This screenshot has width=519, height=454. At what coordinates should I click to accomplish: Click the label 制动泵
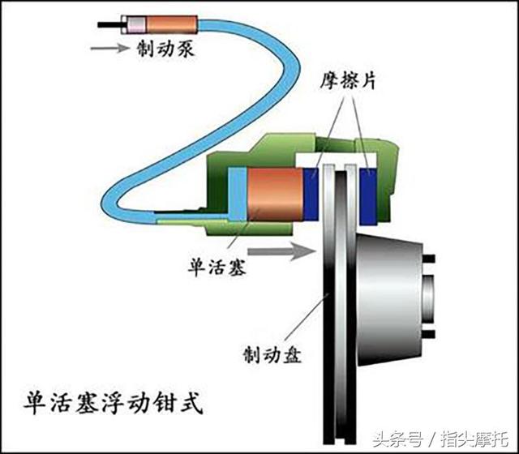pos(160,48)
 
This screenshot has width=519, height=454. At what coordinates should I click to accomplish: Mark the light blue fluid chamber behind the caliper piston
pos(236,194)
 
